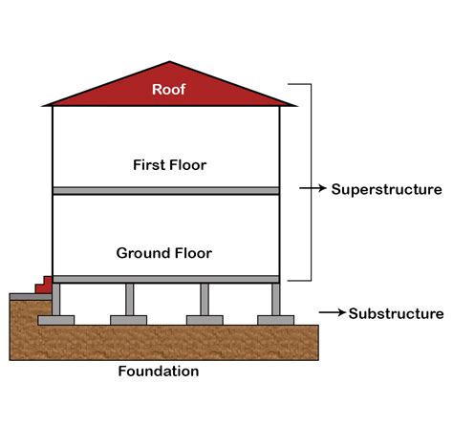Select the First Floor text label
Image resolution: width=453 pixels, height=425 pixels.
[x=169, y=164]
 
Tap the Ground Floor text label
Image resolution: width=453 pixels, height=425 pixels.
[x=163, y=253]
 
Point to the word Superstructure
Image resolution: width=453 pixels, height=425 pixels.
[x=386, y=189]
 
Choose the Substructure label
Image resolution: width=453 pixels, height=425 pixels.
[x=396, y=313]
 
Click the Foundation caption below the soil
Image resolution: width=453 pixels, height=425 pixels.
[x=158, y=372]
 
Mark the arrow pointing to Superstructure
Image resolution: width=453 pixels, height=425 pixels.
[x=312, y=189]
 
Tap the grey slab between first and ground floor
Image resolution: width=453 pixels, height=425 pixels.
[x=165, y=191]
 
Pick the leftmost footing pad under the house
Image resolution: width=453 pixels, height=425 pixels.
[x=56, y=320]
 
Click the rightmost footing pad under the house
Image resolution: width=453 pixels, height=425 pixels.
[x=275, y=320]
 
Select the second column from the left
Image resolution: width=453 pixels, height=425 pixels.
[x=130, y=299]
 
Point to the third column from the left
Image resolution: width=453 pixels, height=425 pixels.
[x=204, y=299]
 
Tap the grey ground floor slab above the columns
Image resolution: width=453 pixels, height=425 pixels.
[x=165, y=279]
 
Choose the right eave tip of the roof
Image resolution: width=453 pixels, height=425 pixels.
[x=294, y=103]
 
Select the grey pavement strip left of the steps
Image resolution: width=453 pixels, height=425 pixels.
[x=23, y=296]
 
